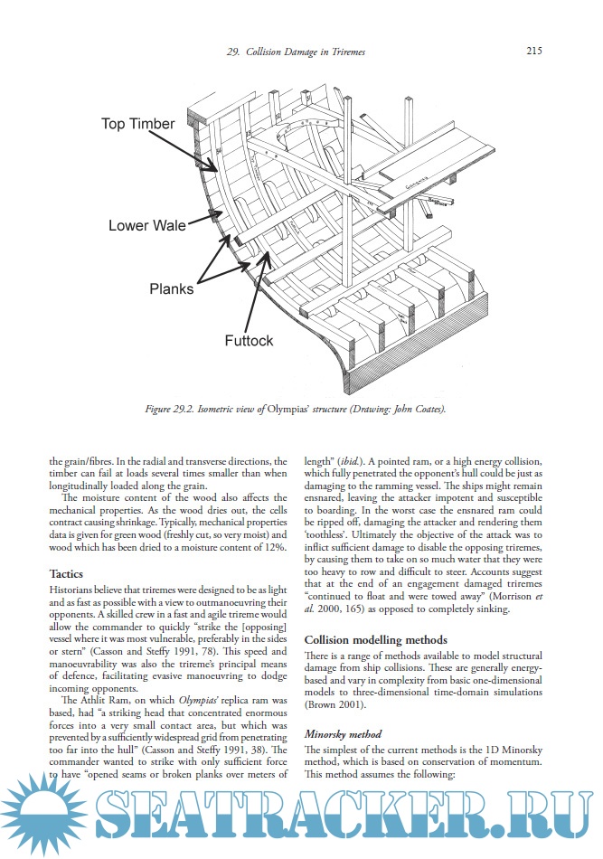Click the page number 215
point(532,52)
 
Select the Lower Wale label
point(141,224)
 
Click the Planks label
point(172,289)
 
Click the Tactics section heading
point(68,573)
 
